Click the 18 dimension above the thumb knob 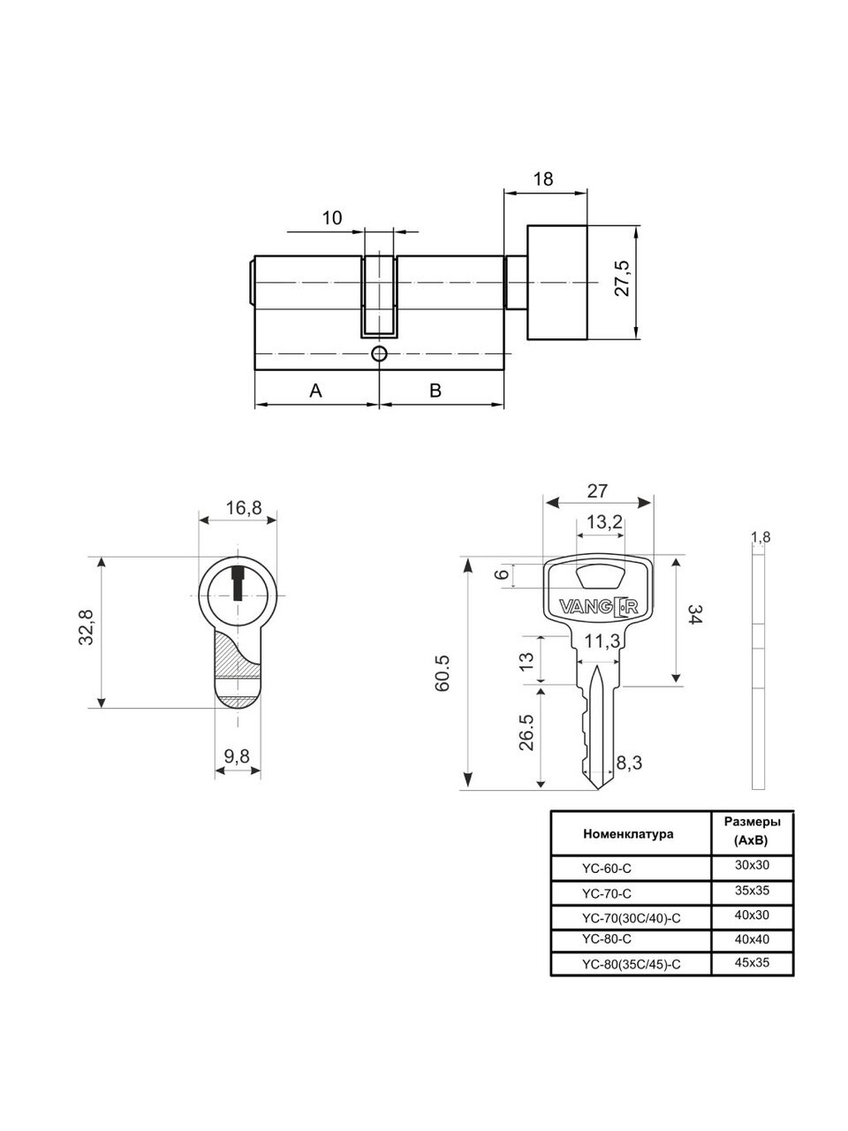coord(543,178)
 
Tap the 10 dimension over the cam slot coord(332,218)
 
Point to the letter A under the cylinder coord(315,391)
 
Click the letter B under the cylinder coord(435,391)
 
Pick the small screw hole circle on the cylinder coord(379,354)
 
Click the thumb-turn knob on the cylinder coord(557,283)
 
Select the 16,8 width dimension coord(244,508)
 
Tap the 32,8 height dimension coord(86,627)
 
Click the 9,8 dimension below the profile coord(237,756)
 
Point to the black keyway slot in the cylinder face coord(238,584)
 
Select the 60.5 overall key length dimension coord(443,673)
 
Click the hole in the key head coord(601,578)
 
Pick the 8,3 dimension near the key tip coord(629,763)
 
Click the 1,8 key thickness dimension coord(761,537)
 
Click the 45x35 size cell coord(753,962)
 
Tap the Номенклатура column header coord(628,834)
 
